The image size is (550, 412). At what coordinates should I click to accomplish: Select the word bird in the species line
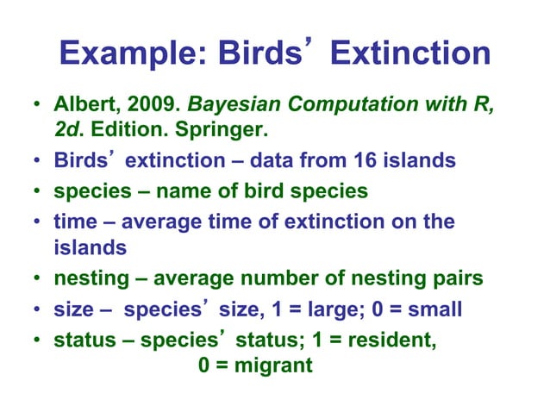[x=263, y=190]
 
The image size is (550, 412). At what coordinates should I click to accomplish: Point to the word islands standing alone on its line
[x=90, y=248]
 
